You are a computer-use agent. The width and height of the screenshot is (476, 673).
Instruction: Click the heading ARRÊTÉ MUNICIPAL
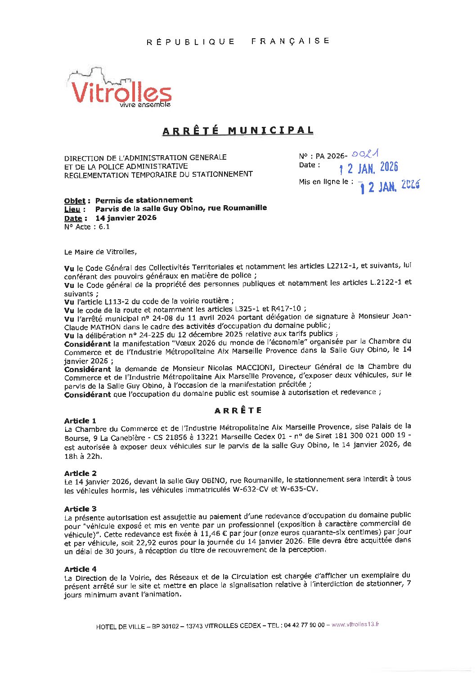pyautogui.click(x=238, y=130)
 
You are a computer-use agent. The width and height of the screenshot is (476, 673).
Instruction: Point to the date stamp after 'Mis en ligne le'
pyautogui.click(x=390, y=186)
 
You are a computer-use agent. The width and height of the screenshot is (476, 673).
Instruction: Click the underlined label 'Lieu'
pyautogui.click(x=72, y=209)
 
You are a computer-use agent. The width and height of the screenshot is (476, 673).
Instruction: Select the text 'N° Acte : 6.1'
pyautogui.click(x=87, y=227)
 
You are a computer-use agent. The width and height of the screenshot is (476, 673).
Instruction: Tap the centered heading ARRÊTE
pyautogui.click(x=238, y=410)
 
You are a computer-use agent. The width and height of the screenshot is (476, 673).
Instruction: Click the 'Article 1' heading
pyautogui.click(x=80, y=421)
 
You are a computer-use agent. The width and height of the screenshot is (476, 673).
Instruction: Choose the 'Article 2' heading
pyautogui.click(x=80, y=473)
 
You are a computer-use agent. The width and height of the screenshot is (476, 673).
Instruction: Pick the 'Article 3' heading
pyautogui.click(x=80, y=509)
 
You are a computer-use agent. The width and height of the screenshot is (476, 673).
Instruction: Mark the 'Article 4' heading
pyautogui.click(x=80, y=569)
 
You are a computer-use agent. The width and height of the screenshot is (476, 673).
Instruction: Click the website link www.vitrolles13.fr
pyautogui.click(x=355, y=624)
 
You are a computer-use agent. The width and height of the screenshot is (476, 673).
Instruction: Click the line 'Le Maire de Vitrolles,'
pyautogui.click(x=100, y=252)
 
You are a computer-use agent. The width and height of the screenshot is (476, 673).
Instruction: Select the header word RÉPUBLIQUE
pyautogui.click(x=191, y=42)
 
